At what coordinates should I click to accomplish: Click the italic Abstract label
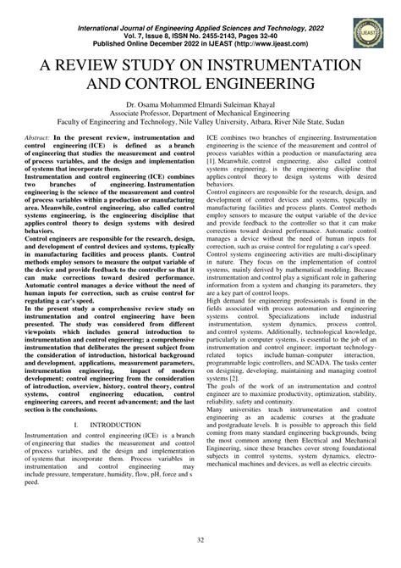pyautogui.click(x=41, y=148)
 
